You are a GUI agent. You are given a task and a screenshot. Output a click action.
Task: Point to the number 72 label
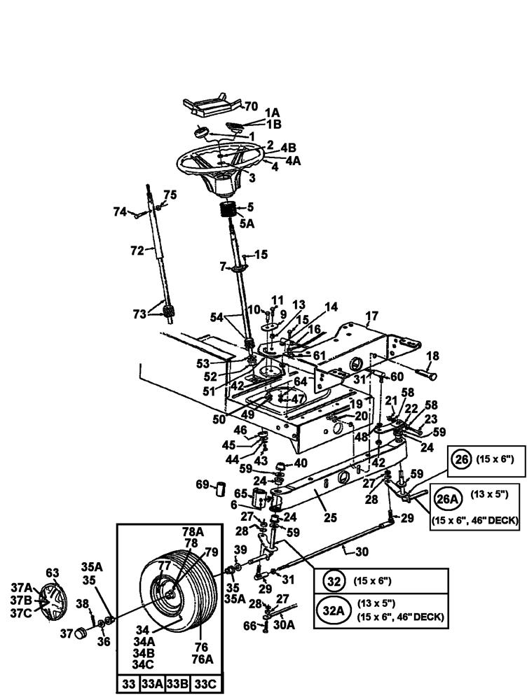pos(137,250)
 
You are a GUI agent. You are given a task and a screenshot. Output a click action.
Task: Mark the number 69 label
pos(203,484)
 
